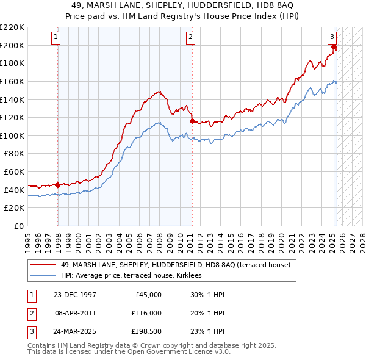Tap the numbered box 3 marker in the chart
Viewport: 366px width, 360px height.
click(332, 37)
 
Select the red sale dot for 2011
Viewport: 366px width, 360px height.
click(192, 121)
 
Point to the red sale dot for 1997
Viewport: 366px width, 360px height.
click(57, 185)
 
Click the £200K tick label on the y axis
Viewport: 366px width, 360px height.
click(12, 45)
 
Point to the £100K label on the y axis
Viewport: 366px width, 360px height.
click(12, 135)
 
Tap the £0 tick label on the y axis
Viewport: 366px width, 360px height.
click(19, 226)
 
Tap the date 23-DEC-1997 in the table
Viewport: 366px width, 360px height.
click(75, 295)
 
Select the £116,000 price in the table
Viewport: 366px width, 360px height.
click(146, 312)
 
